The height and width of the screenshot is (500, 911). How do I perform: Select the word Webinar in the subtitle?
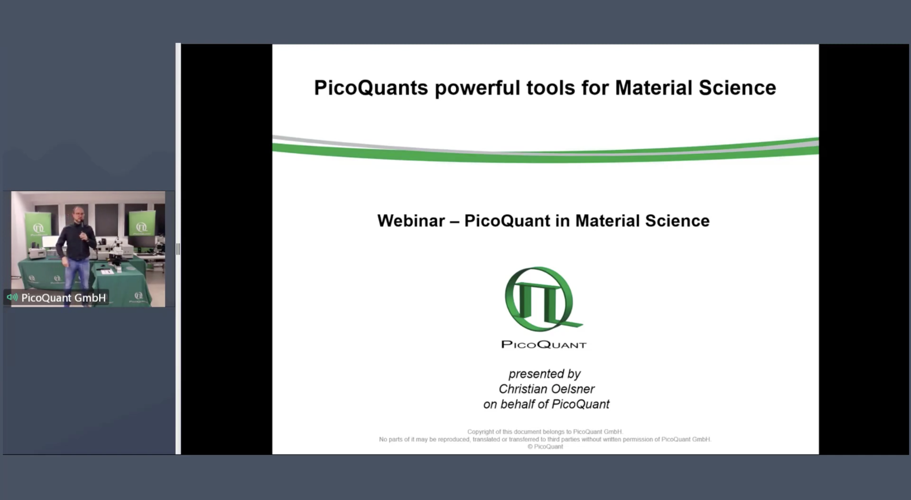point(411,221)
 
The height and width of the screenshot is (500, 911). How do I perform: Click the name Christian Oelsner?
point(546,389)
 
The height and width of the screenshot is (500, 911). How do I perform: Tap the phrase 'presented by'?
point(545,374)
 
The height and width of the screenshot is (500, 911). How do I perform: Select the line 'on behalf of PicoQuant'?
point(546,404)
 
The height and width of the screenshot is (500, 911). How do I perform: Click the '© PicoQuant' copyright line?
point(545,447)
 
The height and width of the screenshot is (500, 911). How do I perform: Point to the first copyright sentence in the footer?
point(545,432)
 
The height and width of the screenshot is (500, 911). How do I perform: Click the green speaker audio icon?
point(12,297)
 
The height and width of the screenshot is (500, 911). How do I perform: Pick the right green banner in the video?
point(142,223)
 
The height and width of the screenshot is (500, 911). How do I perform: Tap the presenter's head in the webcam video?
point(78,214)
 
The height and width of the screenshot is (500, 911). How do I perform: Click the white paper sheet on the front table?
point(107,272)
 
